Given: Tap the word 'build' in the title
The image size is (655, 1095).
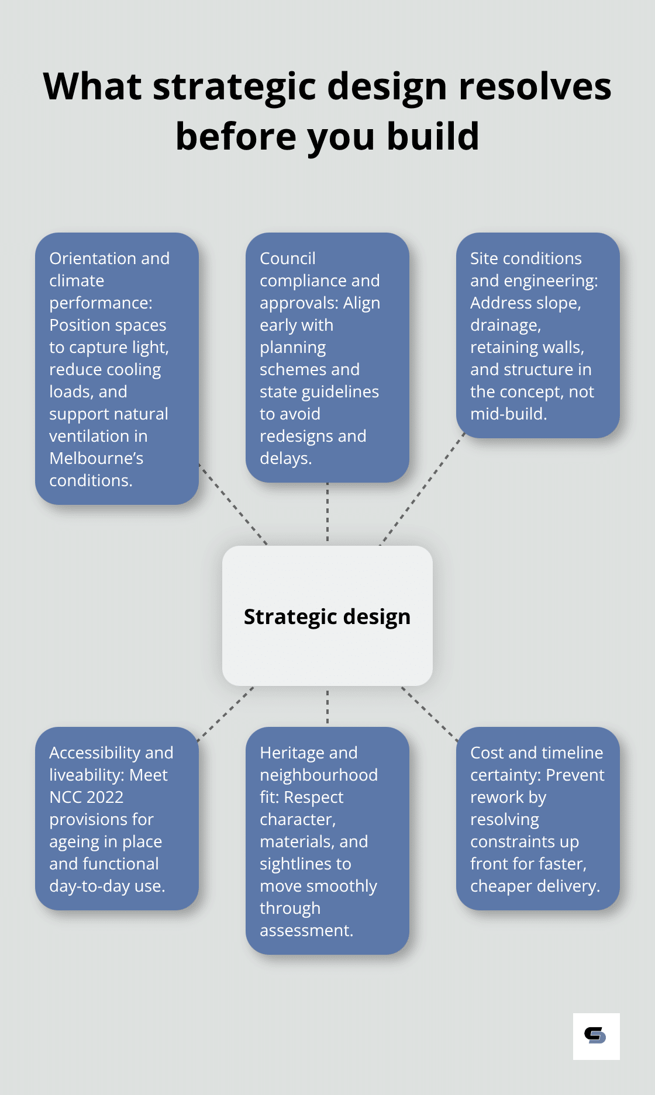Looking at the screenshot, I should (x=433, y=137).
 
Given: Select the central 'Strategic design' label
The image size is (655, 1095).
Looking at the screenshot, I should (x=327, y=617).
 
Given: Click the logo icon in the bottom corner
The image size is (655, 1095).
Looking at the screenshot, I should (x=596, y=1036).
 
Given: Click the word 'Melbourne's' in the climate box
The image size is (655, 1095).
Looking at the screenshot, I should (x=96, y=458).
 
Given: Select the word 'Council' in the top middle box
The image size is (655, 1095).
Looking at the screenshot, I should (x=287, y=258).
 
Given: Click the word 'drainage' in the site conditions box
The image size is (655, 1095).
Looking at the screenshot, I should (x=505, y=325).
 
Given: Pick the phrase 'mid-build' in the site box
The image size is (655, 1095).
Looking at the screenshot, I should (x=507, y=414).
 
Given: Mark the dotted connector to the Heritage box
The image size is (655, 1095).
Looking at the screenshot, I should (x=327, y=706).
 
